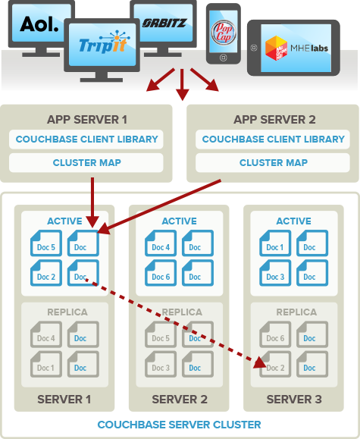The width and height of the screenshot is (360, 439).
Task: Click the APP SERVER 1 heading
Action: click(x=86, y=119)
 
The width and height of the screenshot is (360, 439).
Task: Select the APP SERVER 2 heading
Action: click(x=273, y=119)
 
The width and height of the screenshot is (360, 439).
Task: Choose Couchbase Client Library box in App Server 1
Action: click(x=86, y=140)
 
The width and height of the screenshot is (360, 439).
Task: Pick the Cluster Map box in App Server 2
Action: click(x=273, y=162)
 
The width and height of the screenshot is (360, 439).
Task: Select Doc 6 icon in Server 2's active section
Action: click(x=161, y=276)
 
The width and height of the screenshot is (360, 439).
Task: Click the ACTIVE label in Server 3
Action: click(x=294, y=221)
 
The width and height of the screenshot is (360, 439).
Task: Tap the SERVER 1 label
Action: click(x=64, y=400)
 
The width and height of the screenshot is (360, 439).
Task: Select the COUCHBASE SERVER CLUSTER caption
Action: click(x=180, y=425)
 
